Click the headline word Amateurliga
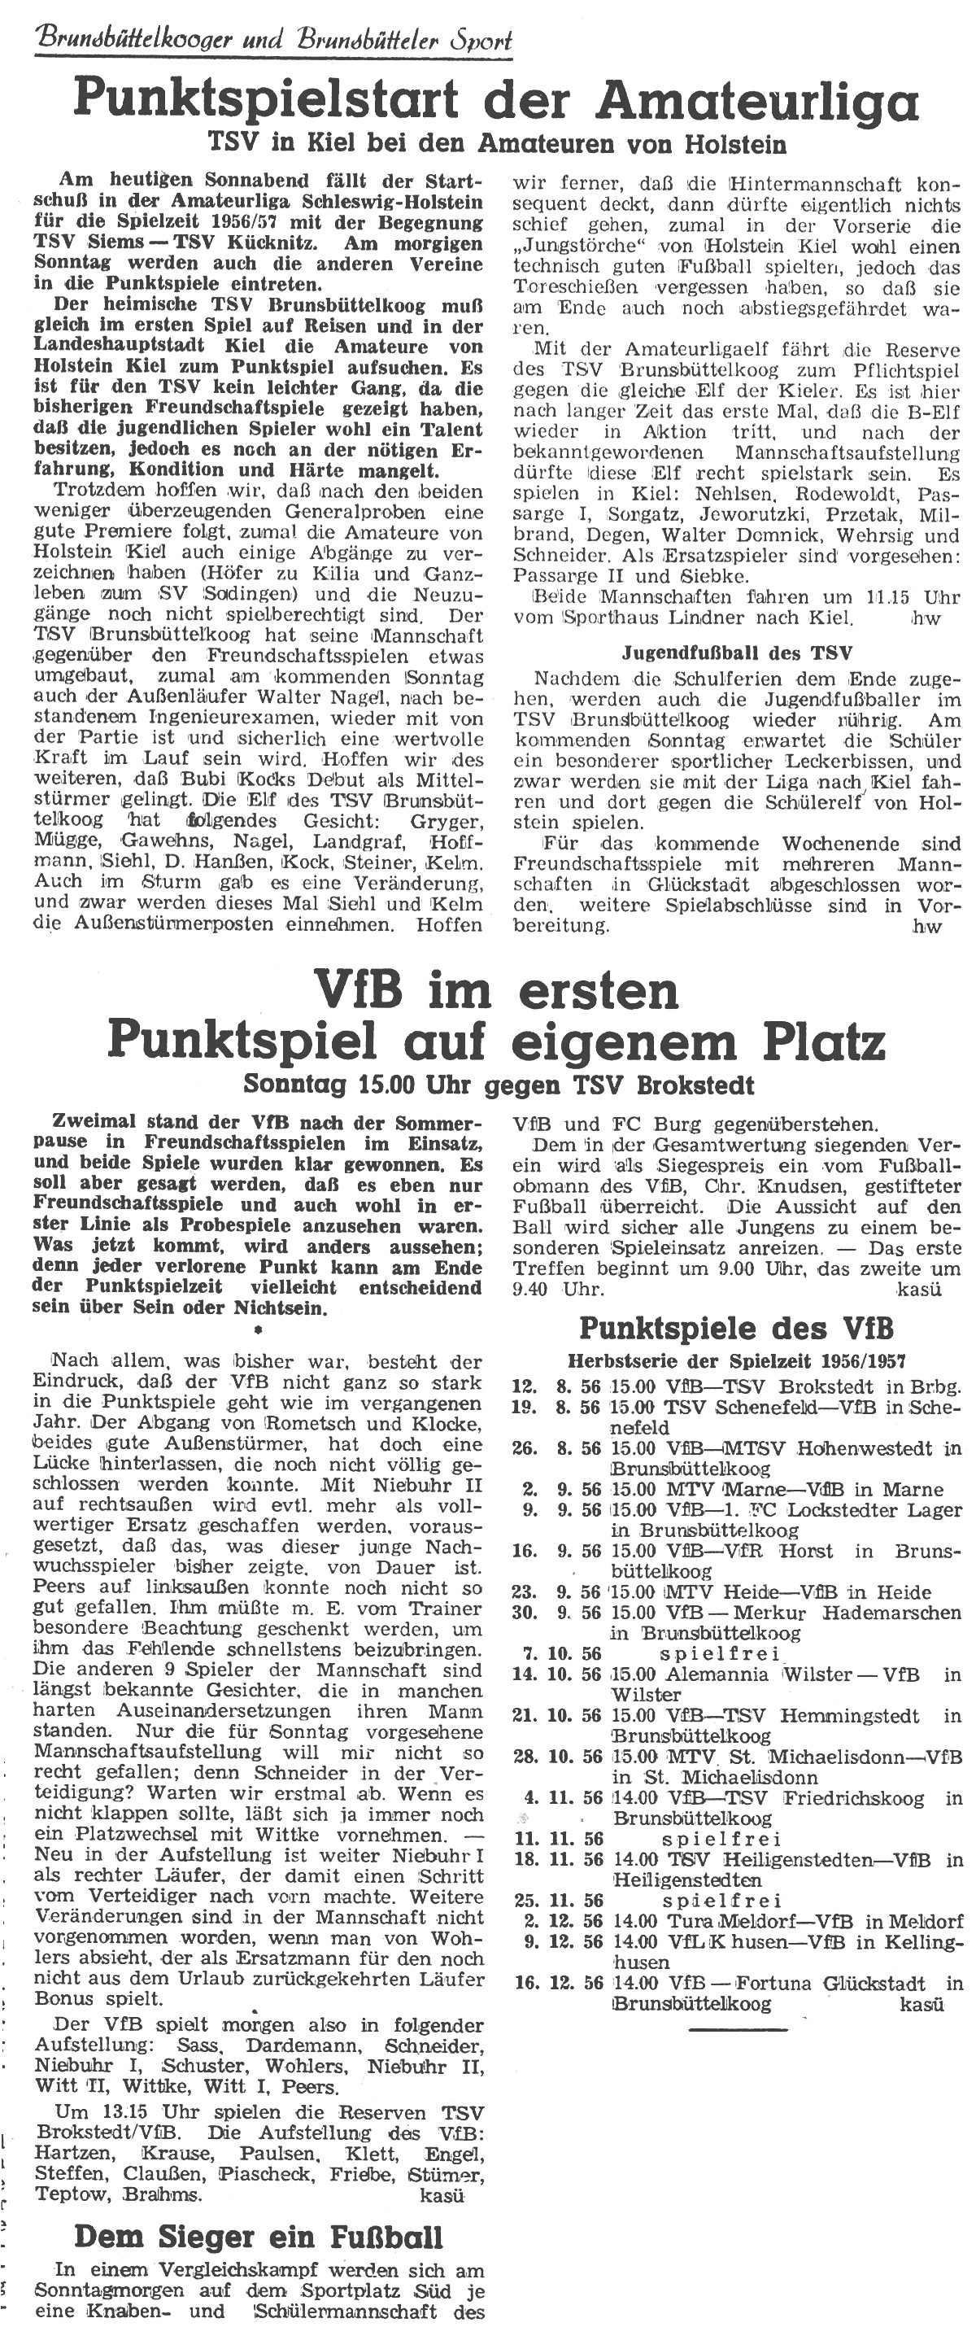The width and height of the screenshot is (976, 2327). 770,100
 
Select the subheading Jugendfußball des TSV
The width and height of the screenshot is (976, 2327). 738,653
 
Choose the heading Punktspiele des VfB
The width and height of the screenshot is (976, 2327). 736,1329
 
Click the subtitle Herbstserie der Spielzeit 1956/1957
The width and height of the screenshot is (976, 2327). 736,1361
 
